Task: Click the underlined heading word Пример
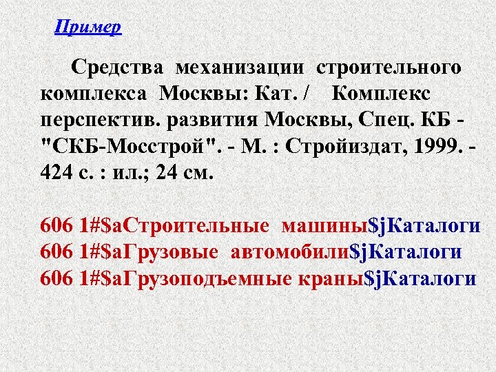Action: click(87, 28)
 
